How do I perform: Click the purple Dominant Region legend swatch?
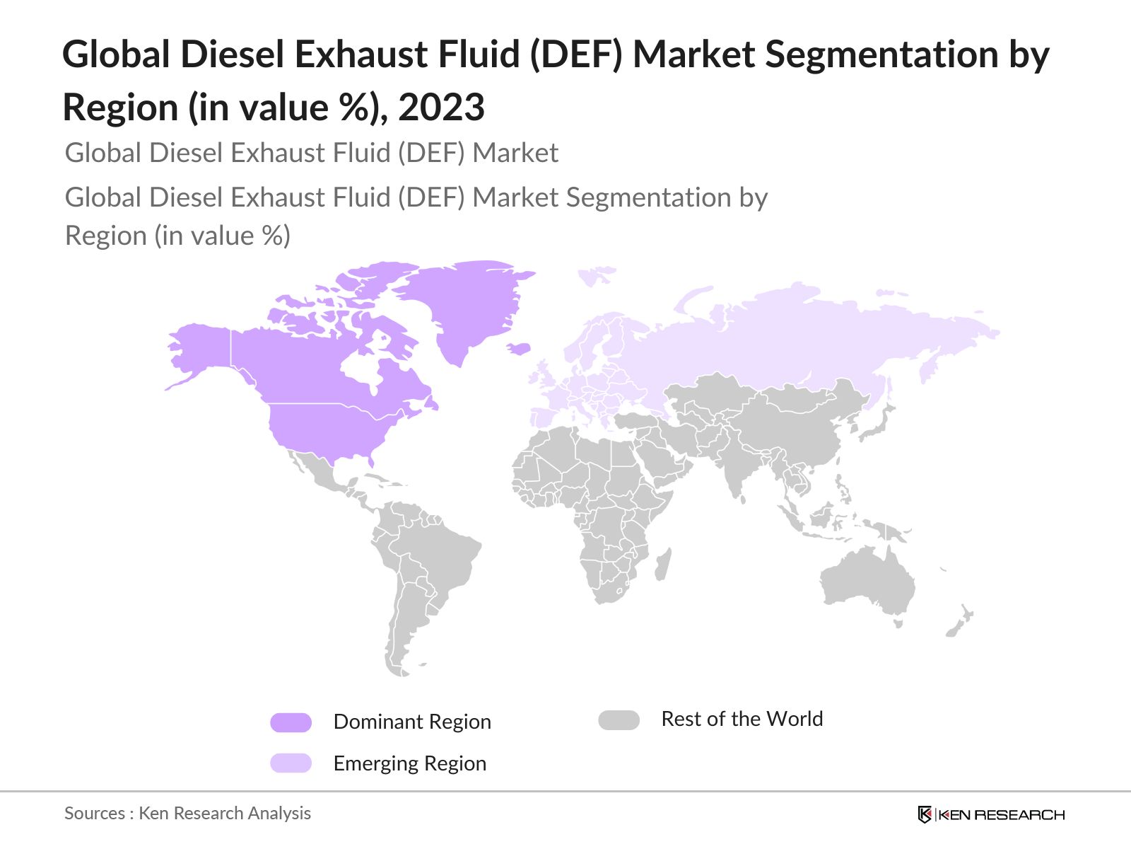pyautogui.click(x=291, y=722)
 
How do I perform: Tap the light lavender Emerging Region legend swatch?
pyautogui.click(x=291, y=763)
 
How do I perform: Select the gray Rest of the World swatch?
pyautogui.click(x=619, y=720)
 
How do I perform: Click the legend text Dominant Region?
pyautogui.click(x=412, y=722)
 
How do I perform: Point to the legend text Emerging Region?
pyautogui.click(x=410, y=763)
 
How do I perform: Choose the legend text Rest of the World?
pyautogui.click(x=742, y=719)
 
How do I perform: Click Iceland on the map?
pyautogui.click(x=520, y=348)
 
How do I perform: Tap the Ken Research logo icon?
pyautogui.click(x=925, y=814)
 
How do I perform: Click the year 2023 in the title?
pyautogui.click(x=441, y=108)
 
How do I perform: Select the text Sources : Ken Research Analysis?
pyautogui.click(x=187, y=814)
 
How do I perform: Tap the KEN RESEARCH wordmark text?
pyautogui.click(x=1002, y=815)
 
